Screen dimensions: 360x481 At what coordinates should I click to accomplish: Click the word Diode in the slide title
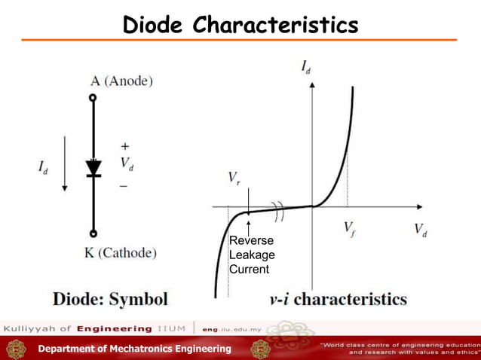coord(155,26)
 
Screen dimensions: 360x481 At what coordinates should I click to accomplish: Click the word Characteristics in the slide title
coord(276,26)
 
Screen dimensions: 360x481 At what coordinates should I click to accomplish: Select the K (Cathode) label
coord(121,254)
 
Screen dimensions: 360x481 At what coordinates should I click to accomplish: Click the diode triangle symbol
coord(93,166)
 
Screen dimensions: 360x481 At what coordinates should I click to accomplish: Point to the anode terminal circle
coord(93,97)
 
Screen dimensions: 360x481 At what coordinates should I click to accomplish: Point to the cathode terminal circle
coord(93,233)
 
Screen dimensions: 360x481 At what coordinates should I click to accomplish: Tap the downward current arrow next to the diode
coord(66,161)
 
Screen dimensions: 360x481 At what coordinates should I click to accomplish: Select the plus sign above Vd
coord(124,146)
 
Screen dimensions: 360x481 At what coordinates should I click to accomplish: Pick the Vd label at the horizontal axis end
coord(421,230)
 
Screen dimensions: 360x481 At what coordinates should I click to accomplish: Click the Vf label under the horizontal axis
coord(351,227)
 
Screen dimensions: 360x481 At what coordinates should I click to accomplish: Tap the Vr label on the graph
coord(235,178)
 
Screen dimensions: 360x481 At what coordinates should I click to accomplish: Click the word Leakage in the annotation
coord(252,255)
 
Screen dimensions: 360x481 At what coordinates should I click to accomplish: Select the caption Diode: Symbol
coord(109,298)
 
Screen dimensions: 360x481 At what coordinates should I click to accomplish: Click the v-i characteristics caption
coord(338,299)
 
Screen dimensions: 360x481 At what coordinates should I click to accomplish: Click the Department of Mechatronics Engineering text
coord(134,348)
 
